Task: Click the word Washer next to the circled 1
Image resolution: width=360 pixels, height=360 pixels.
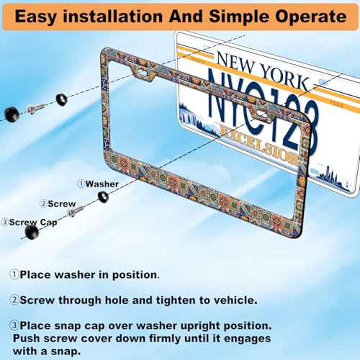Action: [102, 184]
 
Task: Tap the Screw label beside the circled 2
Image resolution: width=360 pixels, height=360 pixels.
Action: [62, 204]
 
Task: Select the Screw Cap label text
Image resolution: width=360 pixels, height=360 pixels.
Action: [33, 222]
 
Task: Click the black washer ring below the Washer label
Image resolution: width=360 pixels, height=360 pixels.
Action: [104, 197]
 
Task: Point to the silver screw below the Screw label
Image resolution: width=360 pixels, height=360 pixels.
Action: [75, 212]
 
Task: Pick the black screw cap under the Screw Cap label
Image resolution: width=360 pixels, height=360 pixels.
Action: [32, 233]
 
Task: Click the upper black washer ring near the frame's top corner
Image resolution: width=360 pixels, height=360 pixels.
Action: [62, 99]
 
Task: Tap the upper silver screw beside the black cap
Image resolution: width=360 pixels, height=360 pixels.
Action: [35, 109]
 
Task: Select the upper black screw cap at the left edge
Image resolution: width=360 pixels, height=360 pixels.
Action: [12, 114]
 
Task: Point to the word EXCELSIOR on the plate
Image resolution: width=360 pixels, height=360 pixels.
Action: [259, 145]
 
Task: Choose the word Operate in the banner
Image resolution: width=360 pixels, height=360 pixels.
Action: [310, 17]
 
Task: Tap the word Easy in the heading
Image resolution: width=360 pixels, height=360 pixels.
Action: [36, 17]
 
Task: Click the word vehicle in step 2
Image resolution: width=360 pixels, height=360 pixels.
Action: [235, 300]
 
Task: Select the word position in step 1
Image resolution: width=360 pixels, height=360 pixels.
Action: [135, 275]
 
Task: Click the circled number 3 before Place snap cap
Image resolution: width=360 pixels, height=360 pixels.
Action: [14, 325]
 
